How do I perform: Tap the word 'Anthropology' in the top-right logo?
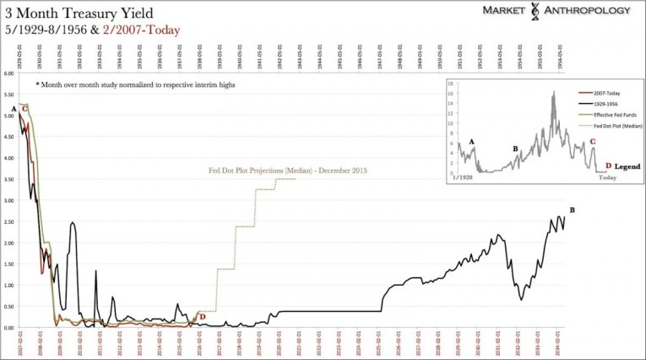click(586, 10)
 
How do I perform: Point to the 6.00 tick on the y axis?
click(8, 74)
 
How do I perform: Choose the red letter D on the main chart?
click(203, 317)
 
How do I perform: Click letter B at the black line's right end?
click(573, 210)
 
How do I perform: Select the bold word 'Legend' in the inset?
click(627, 166)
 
